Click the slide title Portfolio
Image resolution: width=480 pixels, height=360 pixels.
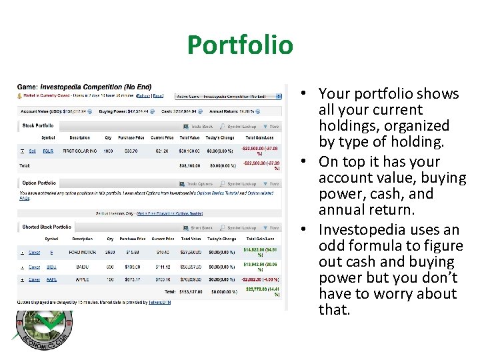[x=240, y=45]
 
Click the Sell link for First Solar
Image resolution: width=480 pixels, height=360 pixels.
[x=32, y=151]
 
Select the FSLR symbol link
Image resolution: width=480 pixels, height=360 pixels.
[x=48, y=151]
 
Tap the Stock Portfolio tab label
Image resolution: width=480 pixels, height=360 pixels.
[x=38, y=125]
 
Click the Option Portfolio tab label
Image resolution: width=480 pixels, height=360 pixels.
[x=39, y=183]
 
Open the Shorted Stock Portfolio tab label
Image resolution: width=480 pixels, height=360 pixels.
[x=47, y=227]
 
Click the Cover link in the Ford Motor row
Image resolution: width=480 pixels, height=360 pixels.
[x=33, y=251]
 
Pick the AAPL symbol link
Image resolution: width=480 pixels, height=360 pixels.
[x=51, y=280]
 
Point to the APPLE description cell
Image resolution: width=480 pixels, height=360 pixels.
[x=82, y=280]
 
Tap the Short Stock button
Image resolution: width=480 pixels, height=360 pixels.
[x=199, y=227]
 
